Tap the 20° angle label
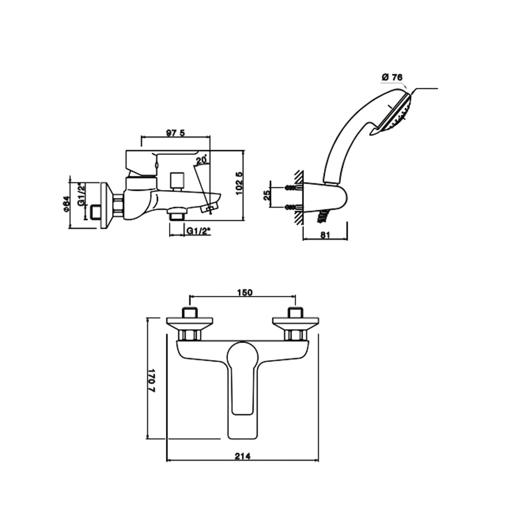click(201, 160)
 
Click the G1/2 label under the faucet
click(199, 231)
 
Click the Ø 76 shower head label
click(392, 77)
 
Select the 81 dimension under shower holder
click(324, 235)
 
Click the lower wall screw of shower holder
click(292, 207)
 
